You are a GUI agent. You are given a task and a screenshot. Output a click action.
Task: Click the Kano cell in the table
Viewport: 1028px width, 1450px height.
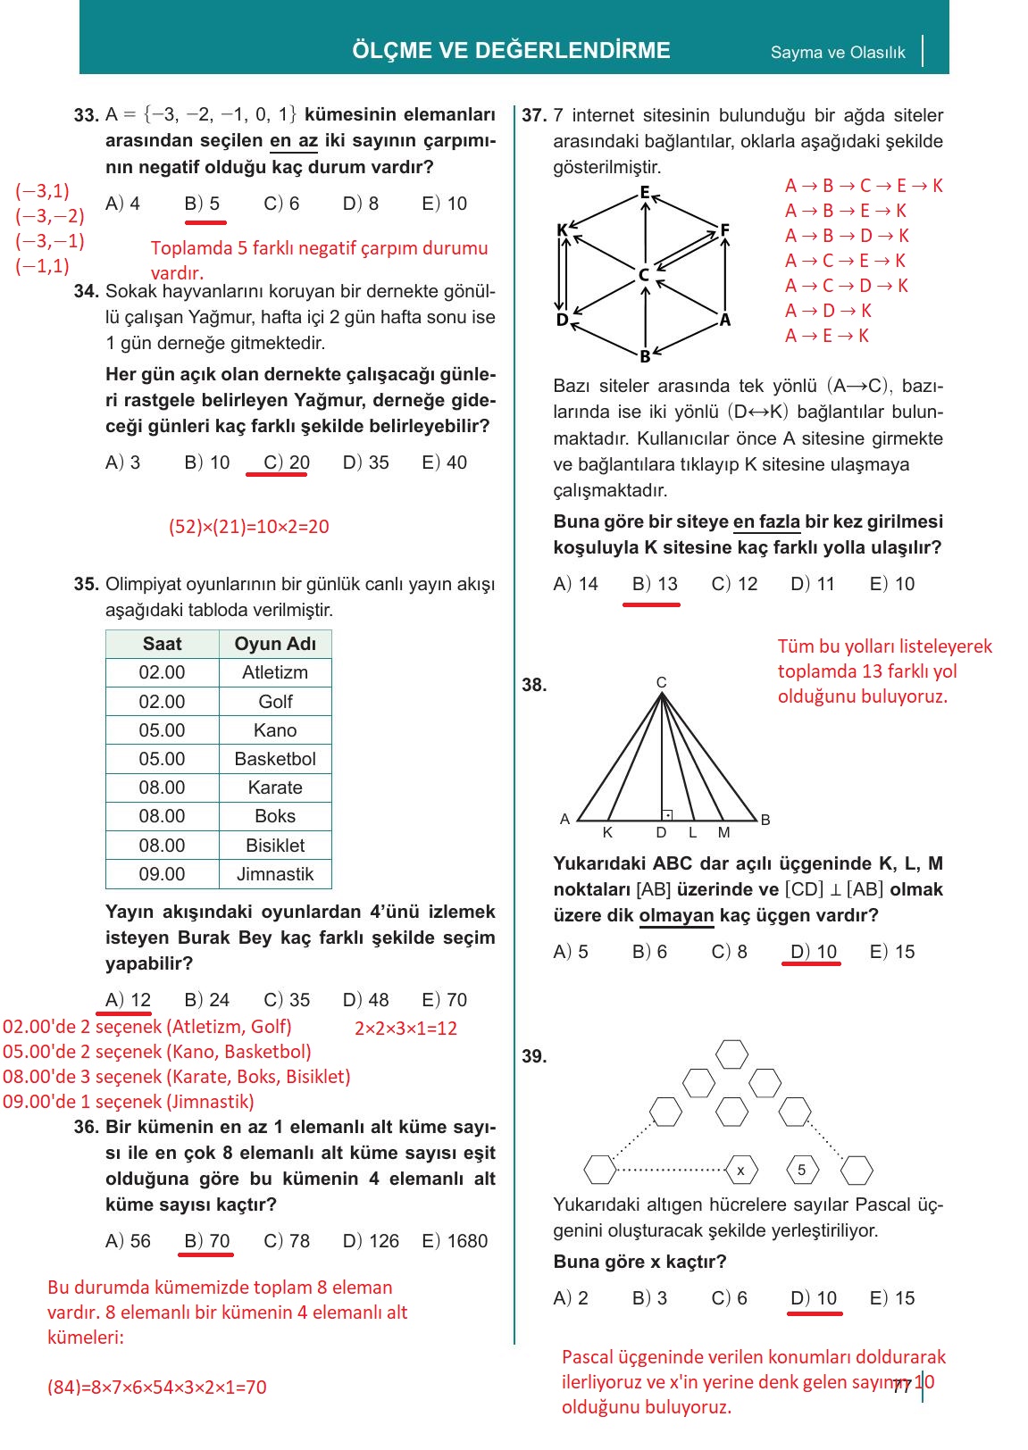(275, 730)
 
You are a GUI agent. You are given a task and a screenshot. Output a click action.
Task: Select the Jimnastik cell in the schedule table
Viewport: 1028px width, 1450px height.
(275, 874)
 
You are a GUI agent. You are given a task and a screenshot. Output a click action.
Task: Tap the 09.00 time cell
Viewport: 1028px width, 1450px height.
(162, 874)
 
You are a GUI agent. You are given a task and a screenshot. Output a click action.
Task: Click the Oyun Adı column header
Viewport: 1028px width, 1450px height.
(275, 644)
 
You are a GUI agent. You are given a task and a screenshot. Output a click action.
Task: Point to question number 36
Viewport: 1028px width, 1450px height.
(87, 1127)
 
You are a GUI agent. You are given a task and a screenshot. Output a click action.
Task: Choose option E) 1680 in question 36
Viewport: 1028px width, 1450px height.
(455, 1241)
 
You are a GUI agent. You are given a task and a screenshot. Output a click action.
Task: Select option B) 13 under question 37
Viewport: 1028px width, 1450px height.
(655, 584)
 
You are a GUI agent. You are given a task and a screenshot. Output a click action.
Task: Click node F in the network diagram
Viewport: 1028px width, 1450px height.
(725, 230)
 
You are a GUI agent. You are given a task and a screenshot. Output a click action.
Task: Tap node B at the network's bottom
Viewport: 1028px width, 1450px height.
(645, 356)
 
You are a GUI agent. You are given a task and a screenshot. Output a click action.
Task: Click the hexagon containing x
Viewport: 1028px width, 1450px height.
(740, 1170)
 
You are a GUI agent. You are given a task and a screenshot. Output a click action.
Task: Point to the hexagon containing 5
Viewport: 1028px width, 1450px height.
(801, 1170)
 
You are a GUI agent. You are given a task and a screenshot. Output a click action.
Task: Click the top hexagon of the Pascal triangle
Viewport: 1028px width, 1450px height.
(732, 1054)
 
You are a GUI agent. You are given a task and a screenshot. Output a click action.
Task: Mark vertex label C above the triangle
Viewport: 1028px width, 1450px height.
(661, 683)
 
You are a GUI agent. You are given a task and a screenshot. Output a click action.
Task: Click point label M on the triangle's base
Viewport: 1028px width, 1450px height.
(723, 832)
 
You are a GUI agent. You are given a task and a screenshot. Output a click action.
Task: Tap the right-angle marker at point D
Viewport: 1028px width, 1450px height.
(666, 814)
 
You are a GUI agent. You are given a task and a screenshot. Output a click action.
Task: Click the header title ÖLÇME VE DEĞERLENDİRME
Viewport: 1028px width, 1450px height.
(511, 50)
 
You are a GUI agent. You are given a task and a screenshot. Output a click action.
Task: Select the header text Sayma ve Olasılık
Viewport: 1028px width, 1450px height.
(838, 53)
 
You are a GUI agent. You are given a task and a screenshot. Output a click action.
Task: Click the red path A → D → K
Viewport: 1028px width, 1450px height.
(828, 311)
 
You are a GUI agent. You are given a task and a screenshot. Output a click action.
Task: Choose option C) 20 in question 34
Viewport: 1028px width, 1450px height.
(286, 462)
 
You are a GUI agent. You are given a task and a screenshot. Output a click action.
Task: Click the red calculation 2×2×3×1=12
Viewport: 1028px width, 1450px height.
(405, 1029)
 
